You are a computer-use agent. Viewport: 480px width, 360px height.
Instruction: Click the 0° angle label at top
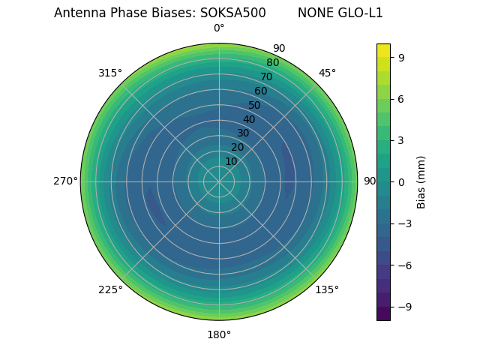pyautogui.click(x=219, y=28)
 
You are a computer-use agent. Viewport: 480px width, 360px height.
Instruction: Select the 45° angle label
pyautogui.click(x=327, y=73)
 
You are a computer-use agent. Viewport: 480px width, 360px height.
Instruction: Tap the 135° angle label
pyautogui.click(x=327, y=289)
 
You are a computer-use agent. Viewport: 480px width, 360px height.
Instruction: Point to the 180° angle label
pyautogui.click(x=219, y=334)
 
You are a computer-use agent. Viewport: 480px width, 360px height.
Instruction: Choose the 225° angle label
pyautogui.click(x=110, y=289)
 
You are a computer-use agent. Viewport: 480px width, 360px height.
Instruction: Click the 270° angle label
pyautogui.click(x=65, y=181)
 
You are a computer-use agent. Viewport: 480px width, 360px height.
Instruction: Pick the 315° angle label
pyautogui.click(x=110, y=73)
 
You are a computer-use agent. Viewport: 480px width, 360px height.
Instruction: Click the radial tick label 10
pyautogui.click(x=231, y=161)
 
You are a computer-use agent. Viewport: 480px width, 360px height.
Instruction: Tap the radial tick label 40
pyautogui.click(x=249, y=119)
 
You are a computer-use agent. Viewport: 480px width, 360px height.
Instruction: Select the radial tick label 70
pyautogui.click(x=266, y=76)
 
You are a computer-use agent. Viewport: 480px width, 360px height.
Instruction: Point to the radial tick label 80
pyautogui.click(x=272, y=62)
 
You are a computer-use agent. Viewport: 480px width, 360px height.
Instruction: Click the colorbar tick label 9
pyautogui.click(x=402, y=57)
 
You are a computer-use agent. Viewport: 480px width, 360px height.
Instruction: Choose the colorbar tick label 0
pyautogui.click(x=402, y=181)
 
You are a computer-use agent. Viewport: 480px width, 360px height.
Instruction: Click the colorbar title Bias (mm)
pyautogui.click(x=421, y=181)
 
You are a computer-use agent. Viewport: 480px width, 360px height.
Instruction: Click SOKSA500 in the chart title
pyautogui.click(x=232, y=13)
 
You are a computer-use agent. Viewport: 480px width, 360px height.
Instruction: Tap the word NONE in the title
pyautogui.click(x=314, y=13)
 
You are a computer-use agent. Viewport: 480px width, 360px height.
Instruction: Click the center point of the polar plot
pyautogui.click(x=219, y=181)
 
